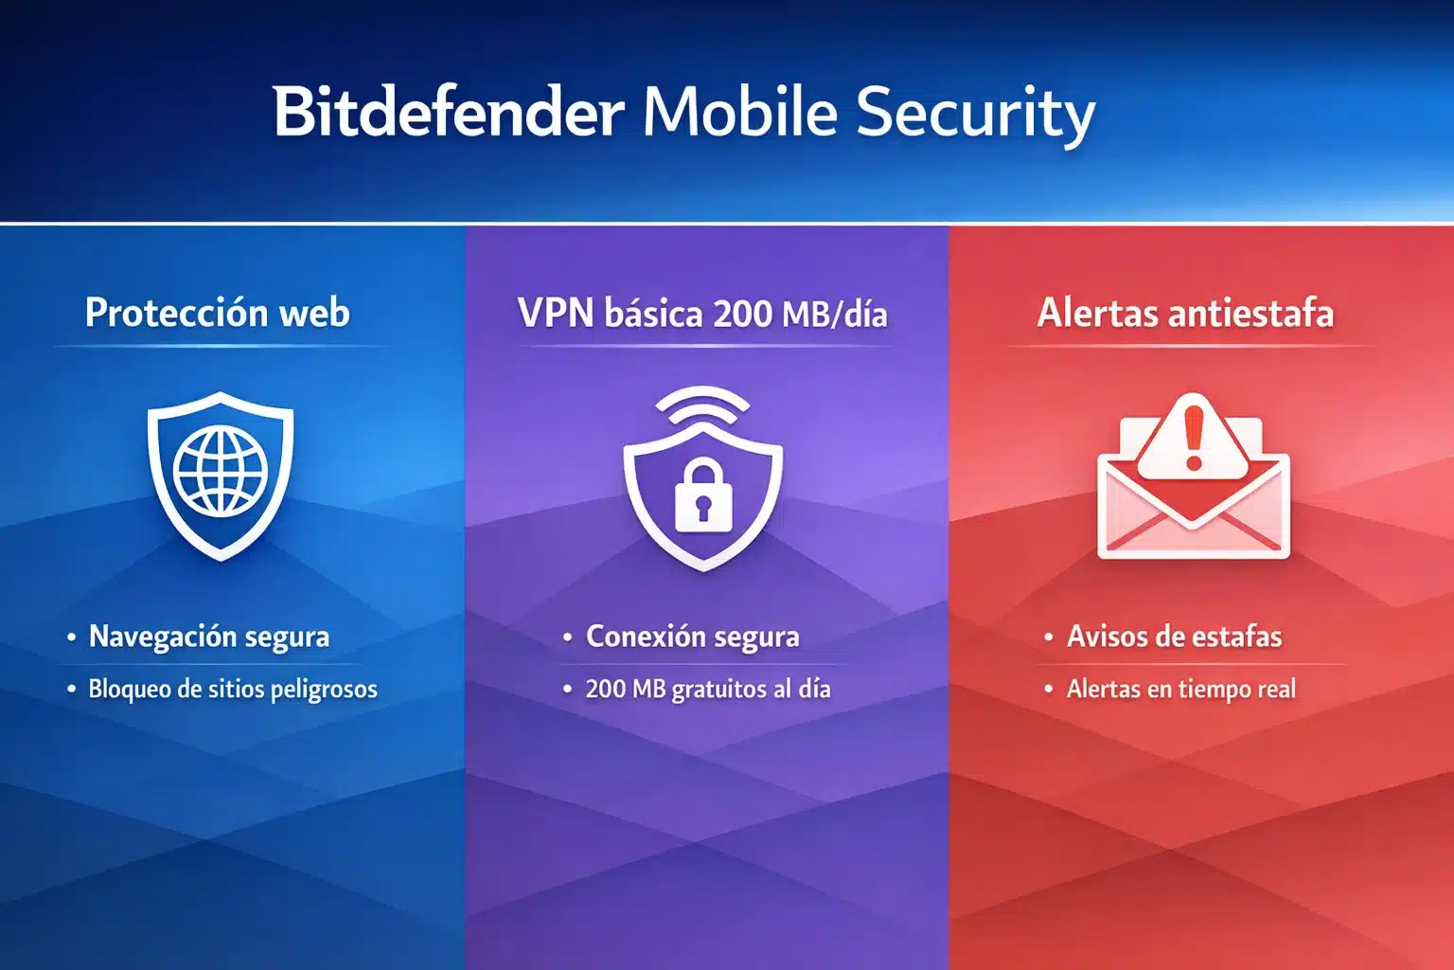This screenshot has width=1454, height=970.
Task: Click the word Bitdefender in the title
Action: pyautogui.click(x=448, y=113)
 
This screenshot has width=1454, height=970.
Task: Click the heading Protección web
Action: pyautogui.click(x=218, y=313)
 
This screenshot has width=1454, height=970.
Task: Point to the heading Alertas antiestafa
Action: pyautogui.click(x=1185, y=313)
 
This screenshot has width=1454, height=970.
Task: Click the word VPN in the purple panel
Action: pyautogui.click(x=556, y=313)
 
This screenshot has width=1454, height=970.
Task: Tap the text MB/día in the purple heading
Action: pyautogui.click(x=835, y=314)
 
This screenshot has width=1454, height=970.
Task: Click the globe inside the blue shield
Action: pyautogui.click(x=221, y=471)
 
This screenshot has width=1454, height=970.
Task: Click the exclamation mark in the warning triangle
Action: pyautogui.click(x=1194, y=436)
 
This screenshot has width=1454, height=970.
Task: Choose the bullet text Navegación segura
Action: pyautogui.click(x=209, y=637)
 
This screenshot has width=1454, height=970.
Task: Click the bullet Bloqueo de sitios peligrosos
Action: pyautogui.click(x=233, y=689)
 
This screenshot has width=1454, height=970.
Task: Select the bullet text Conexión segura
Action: pyautogui.click(x=693, y=637)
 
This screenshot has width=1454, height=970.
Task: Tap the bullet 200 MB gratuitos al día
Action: pyautogui.click(x=708, y=689)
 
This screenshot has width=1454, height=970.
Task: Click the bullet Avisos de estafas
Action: pyautogui.click(x=1175, y=637)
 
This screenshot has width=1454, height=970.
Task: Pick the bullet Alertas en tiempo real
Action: pyautogui.click(x=1181, y=689)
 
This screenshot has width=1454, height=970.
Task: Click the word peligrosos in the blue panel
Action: pyautogui.click(x=324, y=690)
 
